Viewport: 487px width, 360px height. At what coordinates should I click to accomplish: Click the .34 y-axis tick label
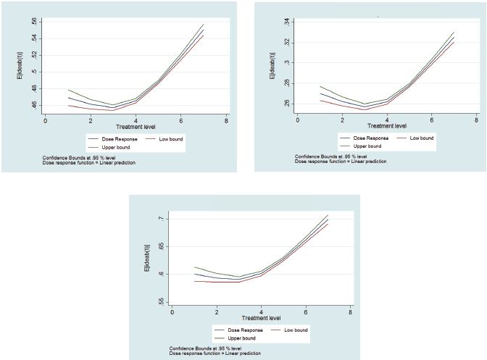pos(286,22)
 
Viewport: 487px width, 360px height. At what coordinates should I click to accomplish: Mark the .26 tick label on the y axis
pos(286,104)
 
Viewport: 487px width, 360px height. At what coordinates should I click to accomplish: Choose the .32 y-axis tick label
pos(286,42)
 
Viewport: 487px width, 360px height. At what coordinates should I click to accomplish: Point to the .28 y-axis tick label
pos(286,83)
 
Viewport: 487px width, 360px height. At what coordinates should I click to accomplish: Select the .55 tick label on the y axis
pos(160,301)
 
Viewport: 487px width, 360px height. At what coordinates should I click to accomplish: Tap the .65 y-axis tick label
pos(160,246)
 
